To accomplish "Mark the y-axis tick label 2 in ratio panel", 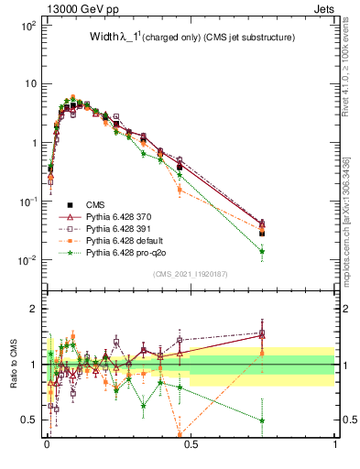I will pos(35,309).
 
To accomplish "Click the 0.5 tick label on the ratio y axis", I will pos(31,420).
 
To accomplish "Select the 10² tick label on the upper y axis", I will pos(30,25).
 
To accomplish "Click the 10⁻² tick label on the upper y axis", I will pos(30,259).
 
